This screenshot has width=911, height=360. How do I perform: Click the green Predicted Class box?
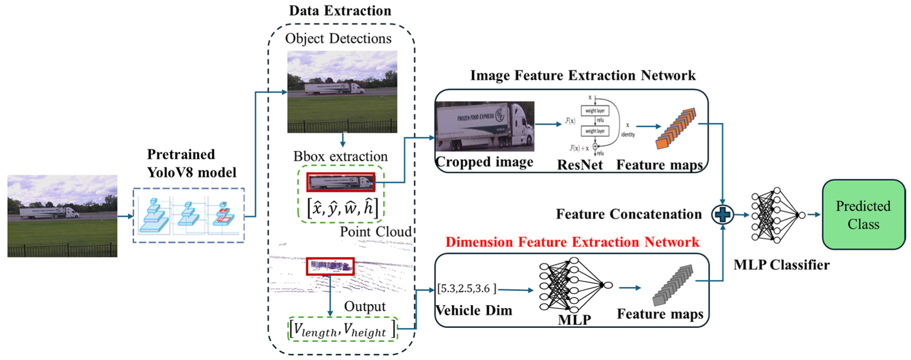863,215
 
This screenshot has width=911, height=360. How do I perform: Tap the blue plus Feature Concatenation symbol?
722,215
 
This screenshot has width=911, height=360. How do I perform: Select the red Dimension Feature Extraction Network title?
572,242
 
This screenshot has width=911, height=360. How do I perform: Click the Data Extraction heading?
340,11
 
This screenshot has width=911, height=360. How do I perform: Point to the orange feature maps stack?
675,129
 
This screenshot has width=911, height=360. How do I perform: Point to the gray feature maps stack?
673,285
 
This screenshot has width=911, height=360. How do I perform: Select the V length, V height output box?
342,329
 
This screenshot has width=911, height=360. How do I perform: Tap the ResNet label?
579,165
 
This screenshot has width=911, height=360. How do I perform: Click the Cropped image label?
484,162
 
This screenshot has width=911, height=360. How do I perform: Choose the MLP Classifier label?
781,265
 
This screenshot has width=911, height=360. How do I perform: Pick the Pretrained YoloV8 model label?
191,163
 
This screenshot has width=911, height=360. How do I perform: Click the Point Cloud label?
376,232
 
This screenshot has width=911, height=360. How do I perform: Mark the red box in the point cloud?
330,266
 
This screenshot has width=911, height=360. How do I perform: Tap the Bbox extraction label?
340,157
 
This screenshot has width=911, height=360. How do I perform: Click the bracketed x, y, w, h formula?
342,208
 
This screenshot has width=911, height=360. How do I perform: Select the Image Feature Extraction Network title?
583,76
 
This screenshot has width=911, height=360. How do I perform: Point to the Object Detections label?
338,39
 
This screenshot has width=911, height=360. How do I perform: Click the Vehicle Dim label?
473,311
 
